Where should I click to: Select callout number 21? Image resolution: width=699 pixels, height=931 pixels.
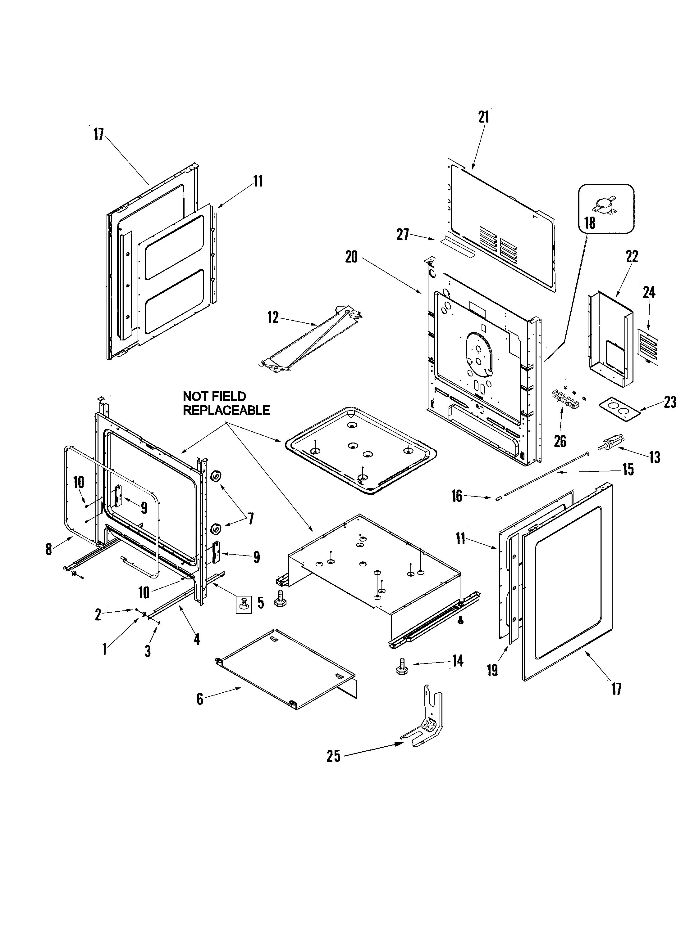tap(483, 117)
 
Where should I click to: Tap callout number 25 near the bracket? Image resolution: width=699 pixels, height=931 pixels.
tap(333, 756)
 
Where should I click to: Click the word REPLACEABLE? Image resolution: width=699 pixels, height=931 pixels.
tap(226, 410)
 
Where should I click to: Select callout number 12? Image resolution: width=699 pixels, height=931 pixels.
tap(273, 317)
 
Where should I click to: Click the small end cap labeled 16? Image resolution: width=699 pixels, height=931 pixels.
tap(498, 497)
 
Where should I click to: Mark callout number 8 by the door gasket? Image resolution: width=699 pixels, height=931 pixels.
tap(49, 549)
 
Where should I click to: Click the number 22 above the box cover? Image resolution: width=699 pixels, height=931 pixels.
tap(632, 257)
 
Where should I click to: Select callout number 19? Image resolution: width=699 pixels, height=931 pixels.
tap(492, 670)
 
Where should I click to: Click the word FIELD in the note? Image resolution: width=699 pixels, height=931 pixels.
tap(229, 397)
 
